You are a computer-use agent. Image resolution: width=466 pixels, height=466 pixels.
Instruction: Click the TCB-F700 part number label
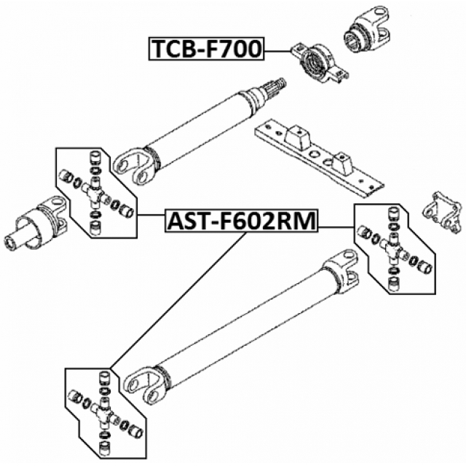(x=206, y=50)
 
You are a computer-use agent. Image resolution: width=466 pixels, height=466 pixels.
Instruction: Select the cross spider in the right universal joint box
(x=394, y=250)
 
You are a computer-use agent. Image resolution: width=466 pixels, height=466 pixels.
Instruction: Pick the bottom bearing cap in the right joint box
(x=394, y=285)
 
